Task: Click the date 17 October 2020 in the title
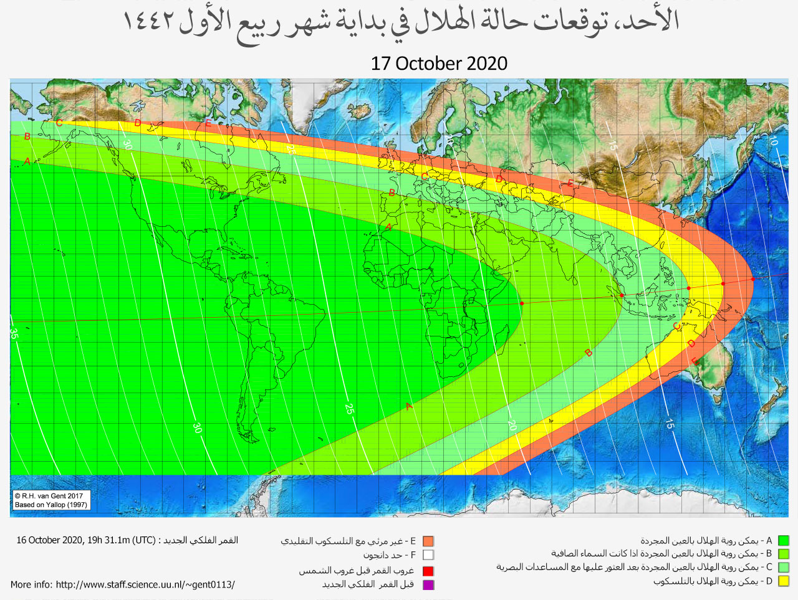tap(439, 64)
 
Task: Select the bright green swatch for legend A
tap(783, 541)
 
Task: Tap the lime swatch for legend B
tap(783, 554)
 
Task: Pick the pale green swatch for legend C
tap(783, 568)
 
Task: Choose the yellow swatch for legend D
tap(783, 581)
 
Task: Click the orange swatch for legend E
tap(428, 541)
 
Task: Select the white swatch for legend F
tap(428, 555)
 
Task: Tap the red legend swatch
tap(428, 571)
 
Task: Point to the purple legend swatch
tap(428, 584)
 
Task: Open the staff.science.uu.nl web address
tap(145, 585)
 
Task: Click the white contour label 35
tap(14, 333)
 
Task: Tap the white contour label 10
tap(772, 141)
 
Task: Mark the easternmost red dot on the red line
tap(753, 279)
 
